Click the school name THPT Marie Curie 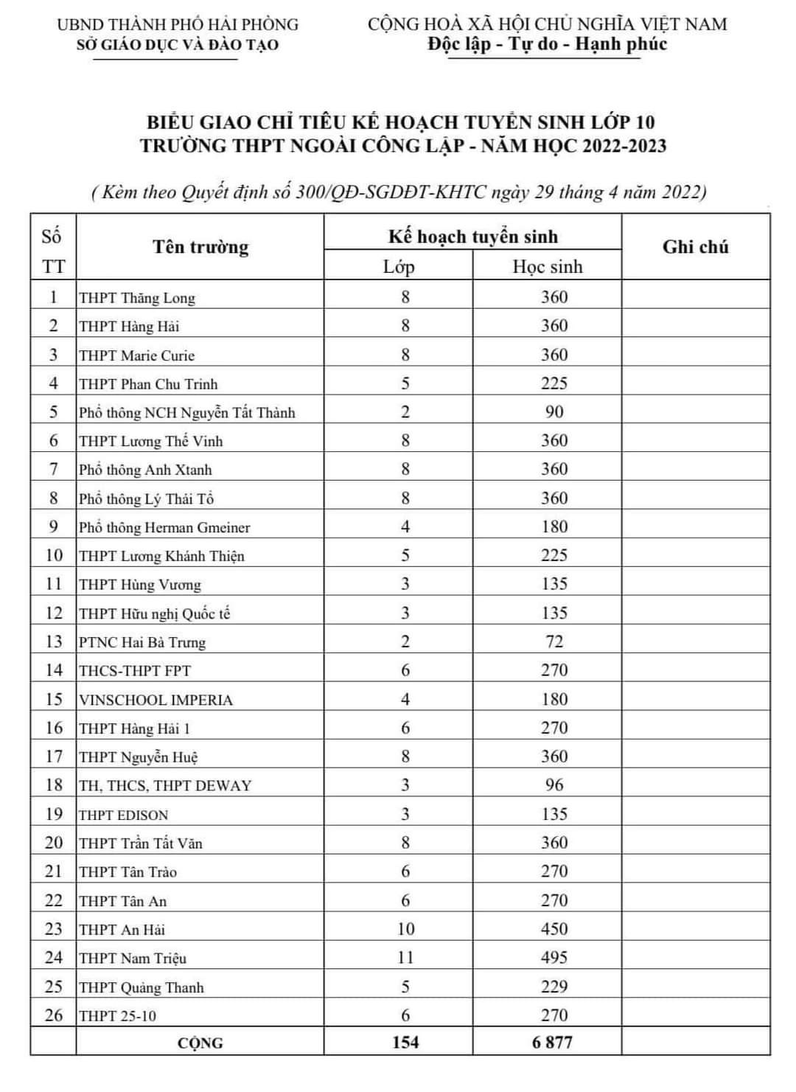click(137, 355)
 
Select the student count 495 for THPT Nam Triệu click(554, 958)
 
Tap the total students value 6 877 click(552, 1042)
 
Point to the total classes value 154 click(405, 1042)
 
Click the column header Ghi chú click(695, 247)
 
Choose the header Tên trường click(200, 247)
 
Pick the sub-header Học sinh click(548, 266)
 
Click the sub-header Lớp click(399, 266)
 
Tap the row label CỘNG click(200, 1043)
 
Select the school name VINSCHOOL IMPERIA click(156, 700)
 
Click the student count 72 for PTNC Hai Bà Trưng click(554, 641)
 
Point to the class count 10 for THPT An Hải click(405, 929)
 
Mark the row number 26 click(54, 1015)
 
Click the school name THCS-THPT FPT click(135, 671)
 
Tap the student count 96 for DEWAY click(554, 785)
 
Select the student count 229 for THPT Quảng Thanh click(554, 987)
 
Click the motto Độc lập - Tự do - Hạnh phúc click(547, 44)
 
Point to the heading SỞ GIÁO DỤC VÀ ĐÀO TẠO click(178, 45)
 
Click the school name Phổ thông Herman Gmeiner click(164, 527)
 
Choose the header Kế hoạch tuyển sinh click(473, 237)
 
